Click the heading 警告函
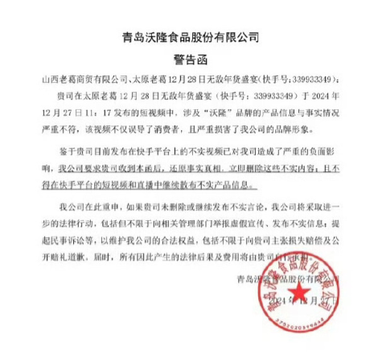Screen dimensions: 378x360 point(189,58)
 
